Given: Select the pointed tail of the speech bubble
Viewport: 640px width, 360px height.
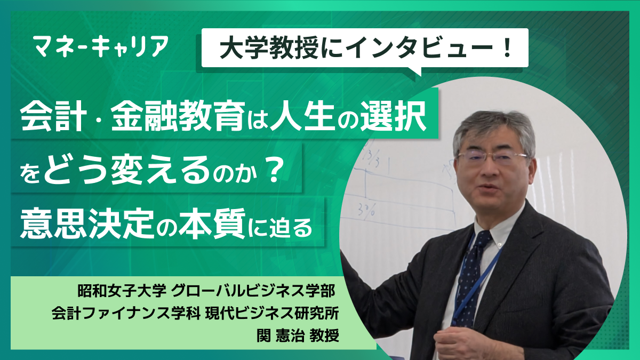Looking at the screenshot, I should click(414, 71).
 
